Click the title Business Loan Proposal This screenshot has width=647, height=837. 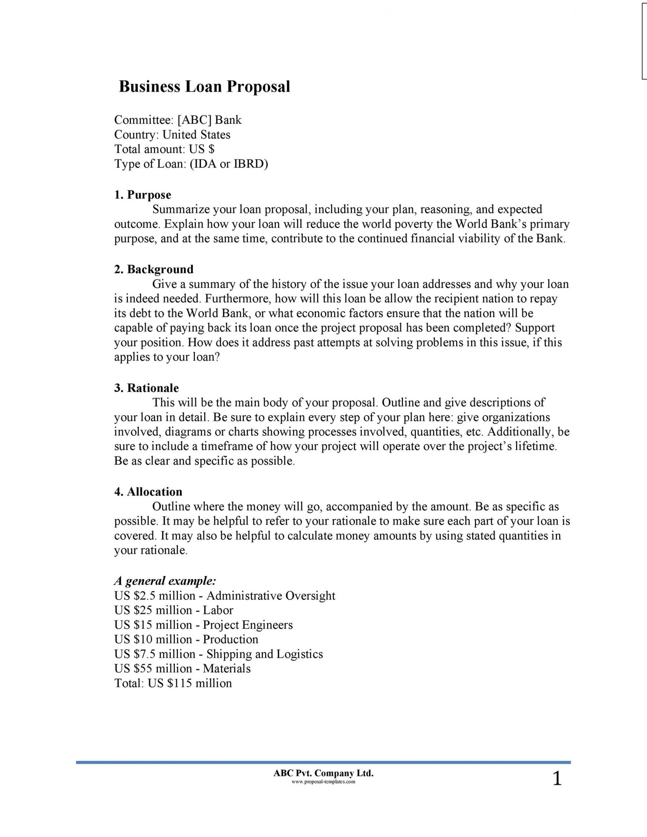pos(204,87)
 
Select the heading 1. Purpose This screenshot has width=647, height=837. pos(142,195)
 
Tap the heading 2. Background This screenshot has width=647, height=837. pos(154,269)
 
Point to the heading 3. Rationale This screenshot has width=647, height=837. pos(147,388)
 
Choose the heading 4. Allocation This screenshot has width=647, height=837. pos(148,492)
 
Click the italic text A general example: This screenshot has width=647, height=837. pos(165,581)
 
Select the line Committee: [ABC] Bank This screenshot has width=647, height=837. pos(178,120)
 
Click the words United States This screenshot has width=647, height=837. pos(196,135)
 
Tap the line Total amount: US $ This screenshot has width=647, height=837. pos(164,149)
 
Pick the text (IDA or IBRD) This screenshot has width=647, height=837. pos(229,164)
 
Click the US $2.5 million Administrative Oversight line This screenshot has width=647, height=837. pos(225,596)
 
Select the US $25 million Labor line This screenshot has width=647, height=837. pos(174,610)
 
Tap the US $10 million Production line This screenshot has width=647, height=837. pos(186,639)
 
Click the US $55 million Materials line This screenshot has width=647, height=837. pos(182,668)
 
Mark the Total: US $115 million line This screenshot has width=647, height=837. pos(173,683)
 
